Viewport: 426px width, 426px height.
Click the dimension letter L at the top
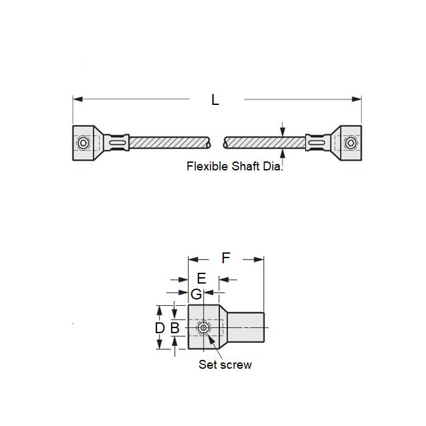point(215,100)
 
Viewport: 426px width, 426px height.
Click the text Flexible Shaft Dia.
point(234,167)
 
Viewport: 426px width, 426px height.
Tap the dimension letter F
point(226,258)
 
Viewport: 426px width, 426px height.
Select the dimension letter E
point(202,278)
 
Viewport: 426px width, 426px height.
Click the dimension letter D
point(160,328)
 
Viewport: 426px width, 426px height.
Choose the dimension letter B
point(175,328)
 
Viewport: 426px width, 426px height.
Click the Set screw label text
point(225,364)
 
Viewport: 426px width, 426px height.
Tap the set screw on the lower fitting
point(203,327)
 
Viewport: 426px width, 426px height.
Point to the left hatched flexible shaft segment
point(169,142)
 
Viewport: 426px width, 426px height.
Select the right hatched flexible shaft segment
point(264,142)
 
